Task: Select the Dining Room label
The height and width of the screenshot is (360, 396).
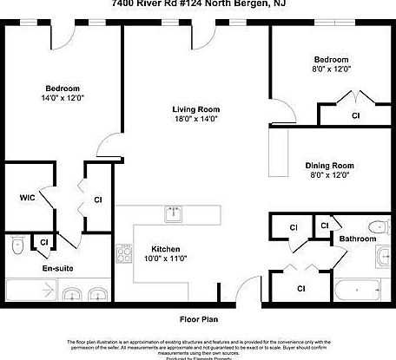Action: coord(328,165)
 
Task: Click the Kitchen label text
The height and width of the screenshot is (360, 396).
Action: coord(165,247)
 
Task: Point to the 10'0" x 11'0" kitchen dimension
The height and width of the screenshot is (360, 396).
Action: coord(165,258)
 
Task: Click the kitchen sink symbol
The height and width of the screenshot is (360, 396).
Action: coord(174,213)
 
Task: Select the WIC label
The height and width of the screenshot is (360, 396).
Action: coord(27,198)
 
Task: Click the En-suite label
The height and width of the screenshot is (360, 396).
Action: coord(58,268)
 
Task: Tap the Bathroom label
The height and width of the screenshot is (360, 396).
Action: coord(356,238)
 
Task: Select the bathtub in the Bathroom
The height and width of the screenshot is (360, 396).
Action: coord(357,290)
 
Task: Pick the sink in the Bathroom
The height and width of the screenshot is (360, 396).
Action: coord(385,256)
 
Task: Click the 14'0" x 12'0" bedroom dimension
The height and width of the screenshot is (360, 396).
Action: coord(63,99)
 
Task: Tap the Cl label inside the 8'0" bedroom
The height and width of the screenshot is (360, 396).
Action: coord(355,115)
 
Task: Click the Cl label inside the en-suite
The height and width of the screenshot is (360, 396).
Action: coord(43,241)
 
